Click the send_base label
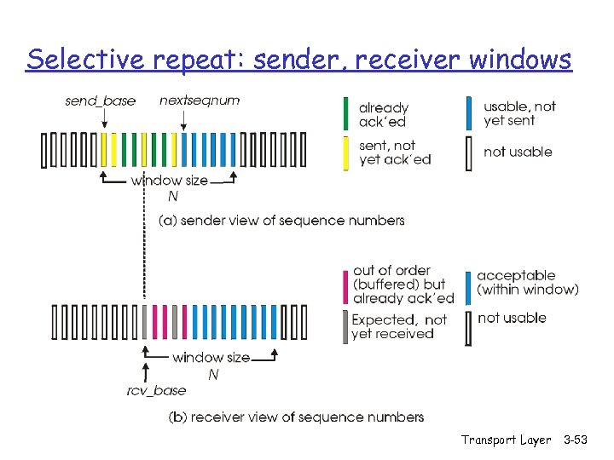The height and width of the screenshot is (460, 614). [x=100, y=101]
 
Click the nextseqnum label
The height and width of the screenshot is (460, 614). [x=200, y=101]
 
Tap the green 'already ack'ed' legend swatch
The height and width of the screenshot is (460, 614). [x=345, y=114]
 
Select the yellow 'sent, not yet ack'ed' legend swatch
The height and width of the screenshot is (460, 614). [x=345, y=153]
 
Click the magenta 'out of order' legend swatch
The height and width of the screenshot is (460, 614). [x=345, y=284]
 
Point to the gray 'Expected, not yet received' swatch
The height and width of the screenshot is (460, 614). [x=345, y=327]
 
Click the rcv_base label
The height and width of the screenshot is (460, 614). [x=157, y=390]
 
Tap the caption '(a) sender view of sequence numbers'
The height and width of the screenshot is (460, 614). [x=281, y=221]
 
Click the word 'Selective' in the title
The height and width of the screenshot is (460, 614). [x=79, y=60]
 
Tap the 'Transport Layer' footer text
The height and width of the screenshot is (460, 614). [x=506, y=440]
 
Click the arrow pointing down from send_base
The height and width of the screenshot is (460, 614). [x=104, y=119]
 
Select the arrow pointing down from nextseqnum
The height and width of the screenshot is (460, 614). [x=181, y=119]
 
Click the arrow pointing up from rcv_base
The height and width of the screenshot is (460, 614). [x=145, y=371]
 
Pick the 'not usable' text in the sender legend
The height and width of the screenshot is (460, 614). [x=518, y=152]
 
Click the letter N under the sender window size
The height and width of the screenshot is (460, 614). [x=173, y=196]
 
